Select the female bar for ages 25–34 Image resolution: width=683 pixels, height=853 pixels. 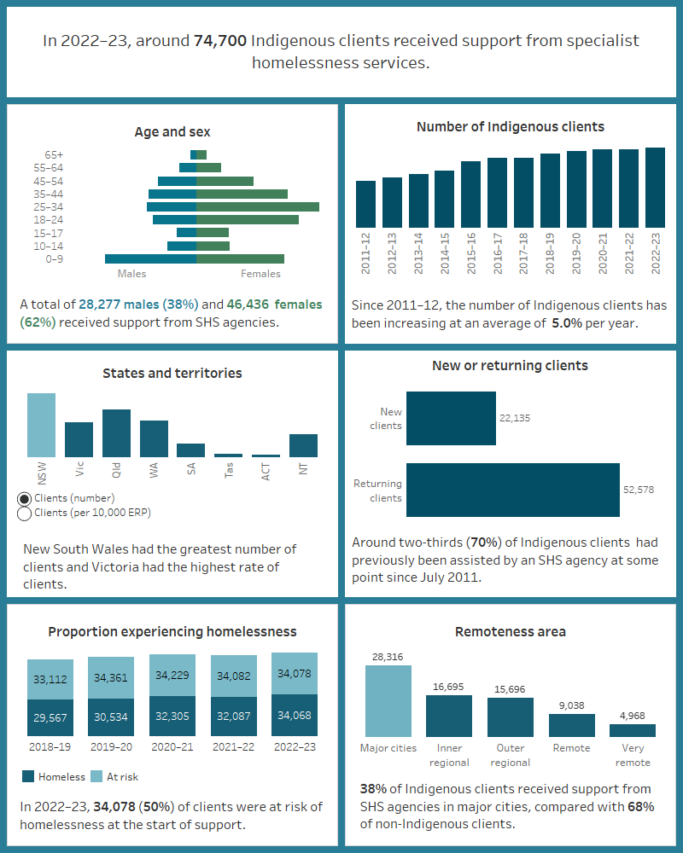tap(257, 206)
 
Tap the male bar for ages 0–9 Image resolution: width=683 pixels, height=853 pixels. tap(150, 258)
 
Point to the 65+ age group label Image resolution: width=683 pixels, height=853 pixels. tap(54, 154)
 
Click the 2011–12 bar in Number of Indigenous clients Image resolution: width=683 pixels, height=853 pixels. tap(365, 204)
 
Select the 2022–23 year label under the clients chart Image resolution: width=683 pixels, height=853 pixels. tap(656, 253)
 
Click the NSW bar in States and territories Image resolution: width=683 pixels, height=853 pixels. tap(42, 425)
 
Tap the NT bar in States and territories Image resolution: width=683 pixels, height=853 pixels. tap(303, 445)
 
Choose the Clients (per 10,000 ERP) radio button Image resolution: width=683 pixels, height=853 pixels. tap(25, 514)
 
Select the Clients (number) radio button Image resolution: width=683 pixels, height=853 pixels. tap(25, 498)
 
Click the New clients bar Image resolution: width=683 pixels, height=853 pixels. tap(451, 418)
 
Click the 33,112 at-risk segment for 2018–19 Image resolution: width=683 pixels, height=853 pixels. tap(50, 680)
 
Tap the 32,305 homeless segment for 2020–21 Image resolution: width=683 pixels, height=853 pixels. tap(172, 716)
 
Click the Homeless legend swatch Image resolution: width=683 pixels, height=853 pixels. tap(27, 776)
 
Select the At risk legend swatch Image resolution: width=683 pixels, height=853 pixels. tap(97, 776)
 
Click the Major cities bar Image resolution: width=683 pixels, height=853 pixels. tap(388, 701)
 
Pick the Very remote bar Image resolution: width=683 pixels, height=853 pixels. tap(633, 731)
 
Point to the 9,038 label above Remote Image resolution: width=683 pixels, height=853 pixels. tap(571, 705)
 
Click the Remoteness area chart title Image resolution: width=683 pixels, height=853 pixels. tap(511, 632)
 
